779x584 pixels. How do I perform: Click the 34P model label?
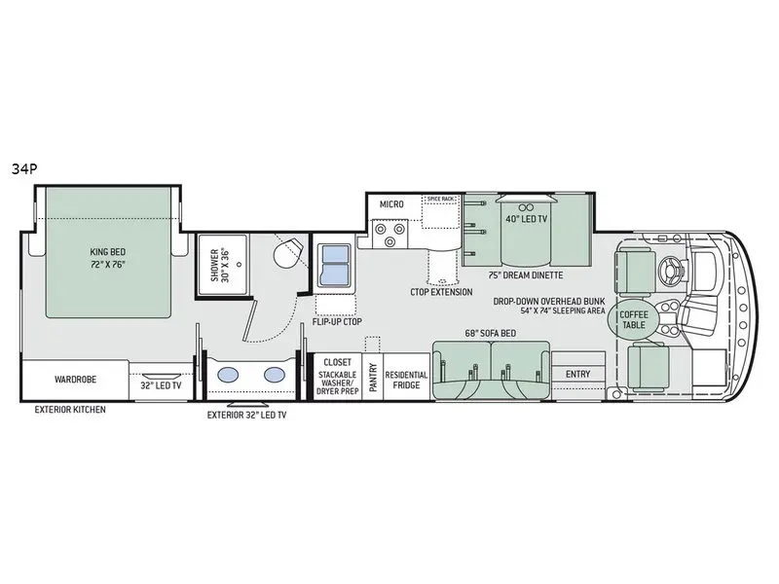pos(24,169)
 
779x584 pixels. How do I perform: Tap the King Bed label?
pos(108,252)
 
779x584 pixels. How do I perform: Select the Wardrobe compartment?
pos(76,381)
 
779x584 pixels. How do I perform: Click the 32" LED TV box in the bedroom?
pos(161,382)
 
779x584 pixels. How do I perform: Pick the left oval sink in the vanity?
pos(228,375)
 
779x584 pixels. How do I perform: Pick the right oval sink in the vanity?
pos(274,375)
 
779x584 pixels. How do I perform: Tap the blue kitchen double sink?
pos(335,265)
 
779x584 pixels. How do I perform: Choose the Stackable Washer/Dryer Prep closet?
pos(338,377)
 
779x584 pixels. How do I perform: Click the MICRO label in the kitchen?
pos(391,204)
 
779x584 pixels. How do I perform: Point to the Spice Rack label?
pos(440,200)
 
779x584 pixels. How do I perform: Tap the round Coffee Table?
pos(634,320)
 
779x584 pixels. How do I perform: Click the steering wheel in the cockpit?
pos(672,272)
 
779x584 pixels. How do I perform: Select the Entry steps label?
pos(577,374)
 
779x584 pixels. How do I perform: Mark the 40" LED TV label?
pos(526,218)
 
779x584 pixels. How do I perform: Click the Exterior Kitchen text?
pos(70,410)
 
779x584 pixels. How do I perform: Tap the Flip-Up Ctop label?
pos(337,321)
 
